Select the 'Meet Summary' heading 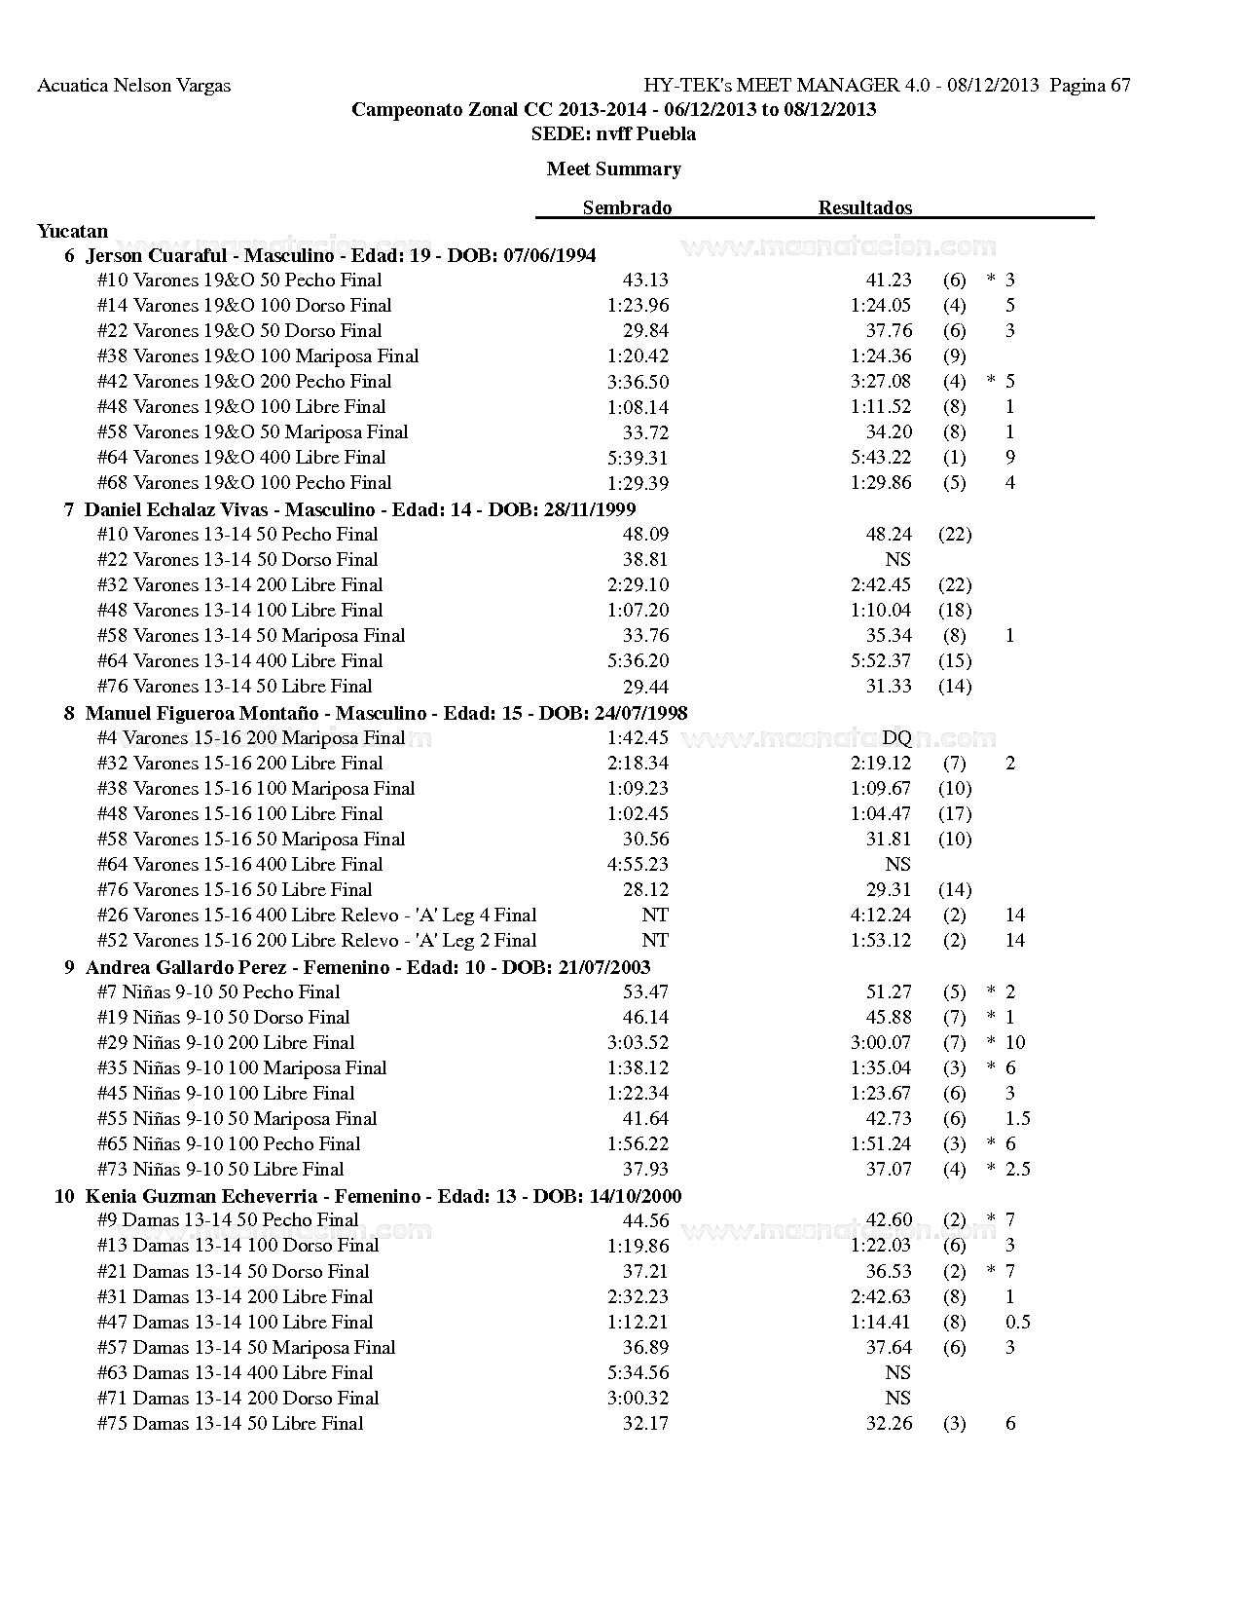point(613,169)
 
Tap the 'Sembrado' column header point(627,207)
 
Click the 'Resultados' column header point(864,207)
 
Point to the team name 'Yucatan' point(73,232)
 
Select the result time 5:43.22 point(881,458)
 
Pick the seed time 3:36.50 point(638,382)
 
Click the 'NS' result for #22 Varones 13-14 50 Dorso point(897,560)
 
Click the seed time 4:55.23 point(638,865)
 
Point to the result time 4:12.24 point(881,916)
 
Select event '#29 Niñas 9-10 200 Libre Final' point(226,1043)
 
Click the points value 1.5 point(1017,1119)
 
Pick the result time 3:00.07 point(881,1043)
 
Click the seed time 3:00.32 point(638,1399)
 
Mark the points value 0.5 point(1017,1323)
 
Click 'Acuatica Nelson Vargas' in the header point(133,86)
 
